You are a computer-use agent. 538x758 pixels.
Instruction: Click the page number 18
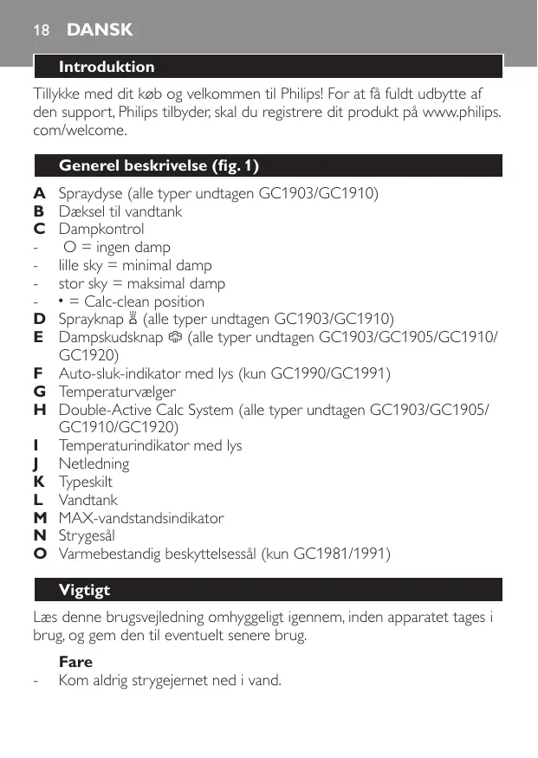pos(40,30)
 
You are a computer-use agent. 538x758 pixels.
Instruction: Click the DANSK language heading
pos(100,30)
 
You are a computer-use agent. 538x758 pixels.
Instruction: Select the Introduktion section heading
pos(107,67)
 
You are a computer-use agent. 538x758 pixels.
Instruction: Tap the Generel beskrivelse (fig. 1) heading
pos(159,165)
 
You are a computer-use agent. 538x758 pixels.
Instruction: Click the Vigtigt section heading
pos(84,591)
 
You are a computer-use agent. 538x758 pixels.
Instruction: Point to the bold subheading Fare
pos(75,662)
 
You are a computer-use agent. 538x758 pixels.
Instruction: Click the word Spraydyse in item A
pos(91,193)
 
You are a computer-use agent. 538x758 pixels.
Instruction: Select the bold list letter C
pos(39,230)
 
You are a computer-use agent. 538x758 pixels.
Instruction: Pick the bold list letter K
pos(39,482)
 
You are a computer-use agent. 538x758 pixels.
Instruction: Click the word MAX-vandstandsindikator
pos(141,518)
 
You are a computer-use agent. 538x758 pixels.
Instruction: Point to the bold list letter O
pos(39,554)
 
